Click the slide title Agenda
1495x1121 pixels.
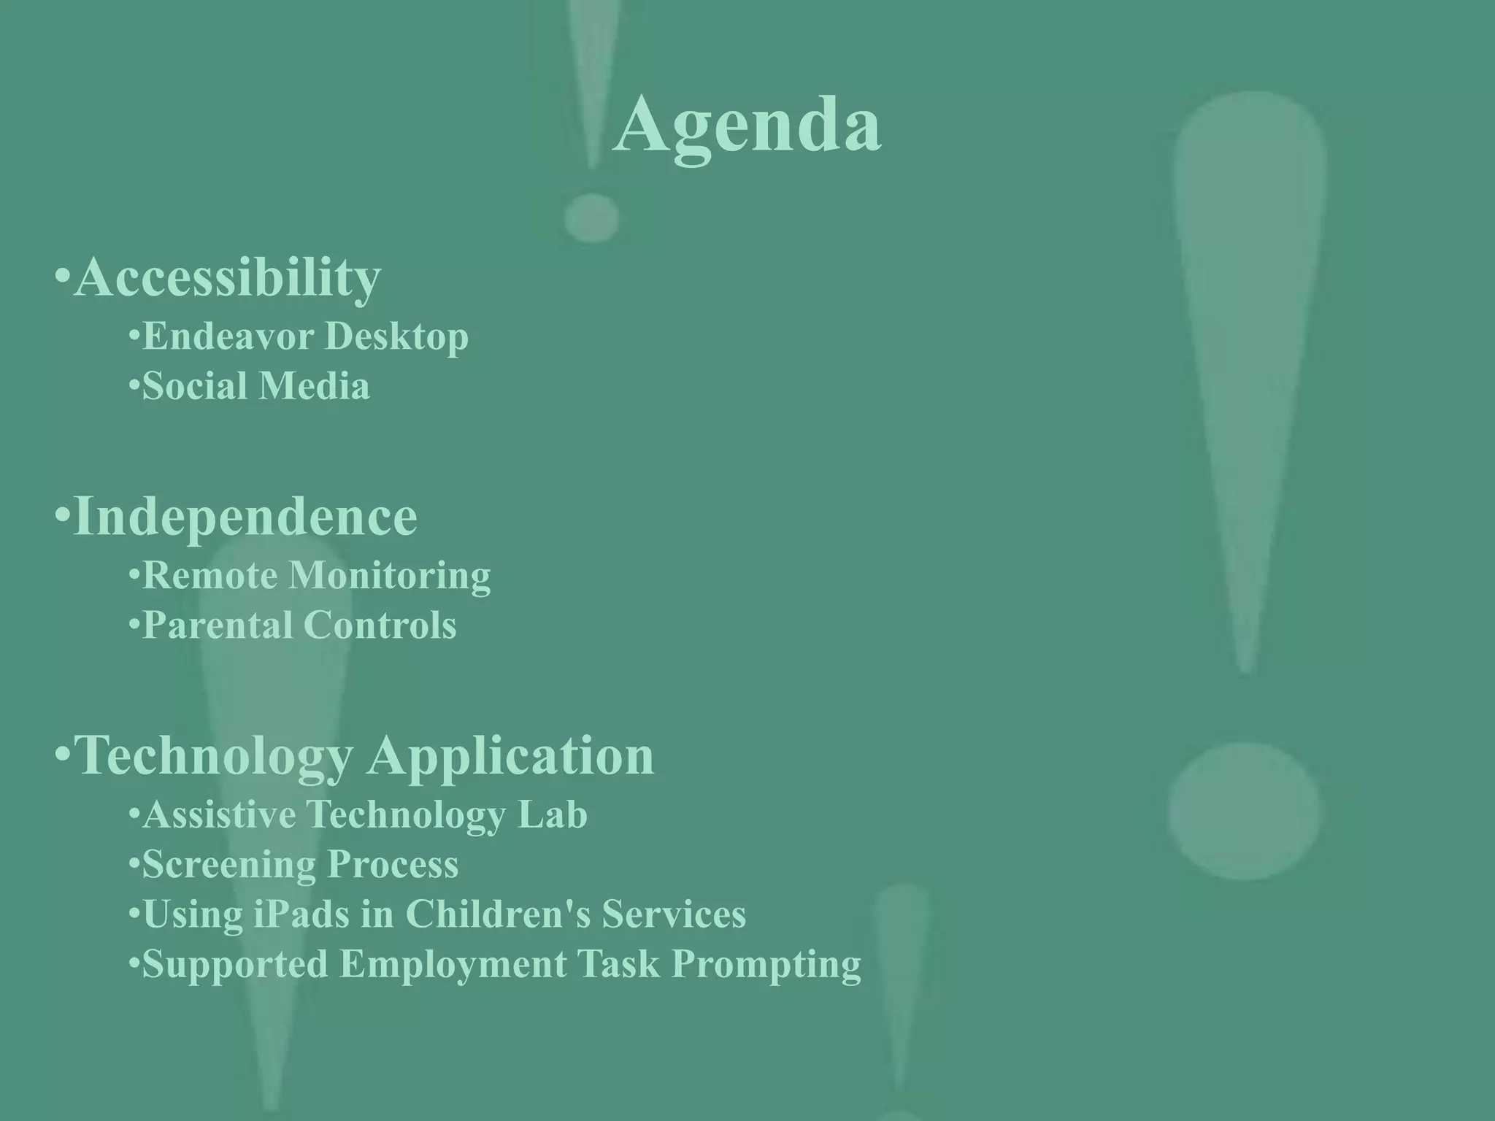coord(747,126)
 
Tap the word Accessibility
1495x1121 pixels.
coord(227,277)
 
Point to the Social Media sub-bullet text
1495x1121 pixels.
coord(255,386)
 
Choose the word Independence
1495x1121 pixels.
coord(245,516)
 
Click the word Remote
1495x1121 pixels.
coord(210,575)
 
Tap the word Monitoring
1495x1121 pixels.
coord(390,577)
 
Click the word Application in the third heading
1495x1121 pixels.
coord(510,756)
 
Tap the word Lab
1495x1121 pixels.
coord(552,814)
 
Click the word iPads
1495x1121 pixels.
coord(301,914)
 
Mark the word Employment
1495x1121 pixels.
coord(453,965)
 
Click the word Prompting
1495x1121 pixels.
coord(766,965)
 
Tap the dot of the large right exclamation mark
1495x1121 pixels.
coord(1243,810)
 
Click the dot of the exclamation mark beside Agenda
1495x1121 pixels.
coord(591,217)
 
